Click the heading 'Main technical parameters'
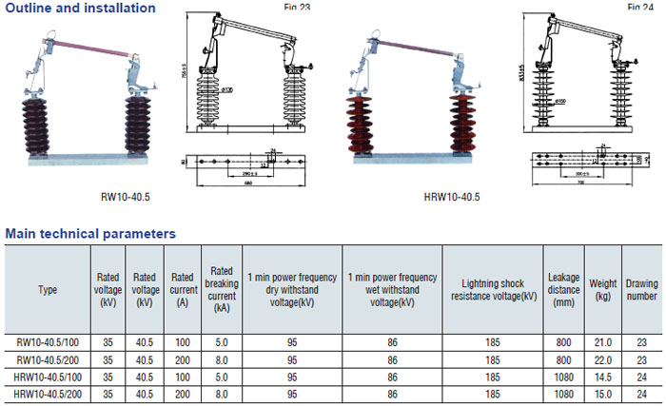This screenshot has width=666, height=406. [90, 232]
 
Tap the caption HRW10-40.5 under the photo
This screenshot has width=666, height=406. [451, 197]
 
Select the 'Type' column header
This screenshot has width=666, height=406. [48, 289]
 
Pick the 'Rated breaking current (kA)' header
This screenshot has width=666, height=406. [221, 289]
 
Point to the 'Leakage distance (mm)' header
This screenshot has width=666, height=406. [564, 289]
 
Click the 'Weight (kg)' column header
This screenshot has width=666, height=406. [602, 289]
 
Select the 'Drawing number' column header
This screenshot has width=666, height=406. [641, 289]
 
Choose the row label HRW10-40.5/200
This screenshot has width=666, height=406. [49, 394]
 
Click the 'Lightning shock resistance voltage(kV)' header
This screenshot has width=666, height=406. [493, 289]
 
